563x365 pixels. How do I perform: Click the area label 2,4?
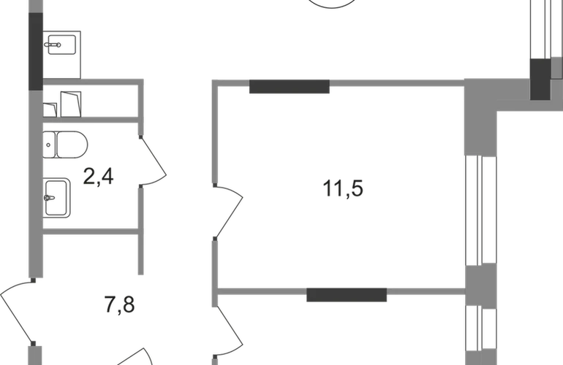[x=99, y=177]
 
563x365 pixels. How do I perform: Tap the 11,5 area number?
[x=343, y=188]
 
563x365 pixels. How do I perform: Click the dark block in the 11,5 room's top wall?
[x=290, y=88]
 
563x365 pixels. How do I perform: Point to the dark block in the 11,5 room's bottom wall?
[x=346, y=296]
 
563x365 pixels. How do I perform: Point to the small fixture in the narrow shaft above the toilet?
[x=64, y=104]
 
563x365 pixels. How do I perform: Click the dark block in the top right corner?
[x=541, y=80]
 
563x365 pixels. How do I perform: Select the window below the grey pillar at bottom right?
[x=480, y=336]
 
